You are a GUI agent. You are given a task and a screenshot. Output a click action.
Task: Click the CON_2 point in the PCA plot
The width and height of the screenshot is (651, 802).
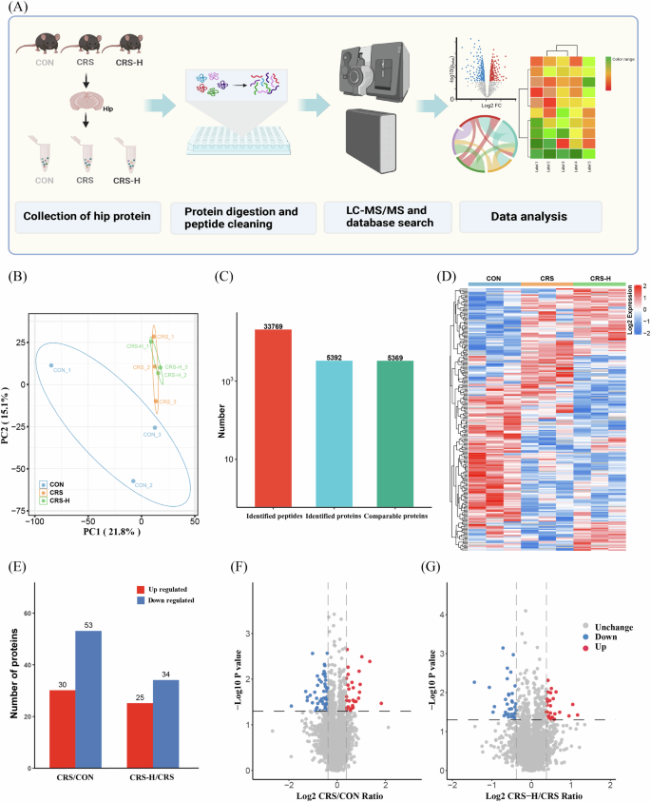(133, 480)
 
